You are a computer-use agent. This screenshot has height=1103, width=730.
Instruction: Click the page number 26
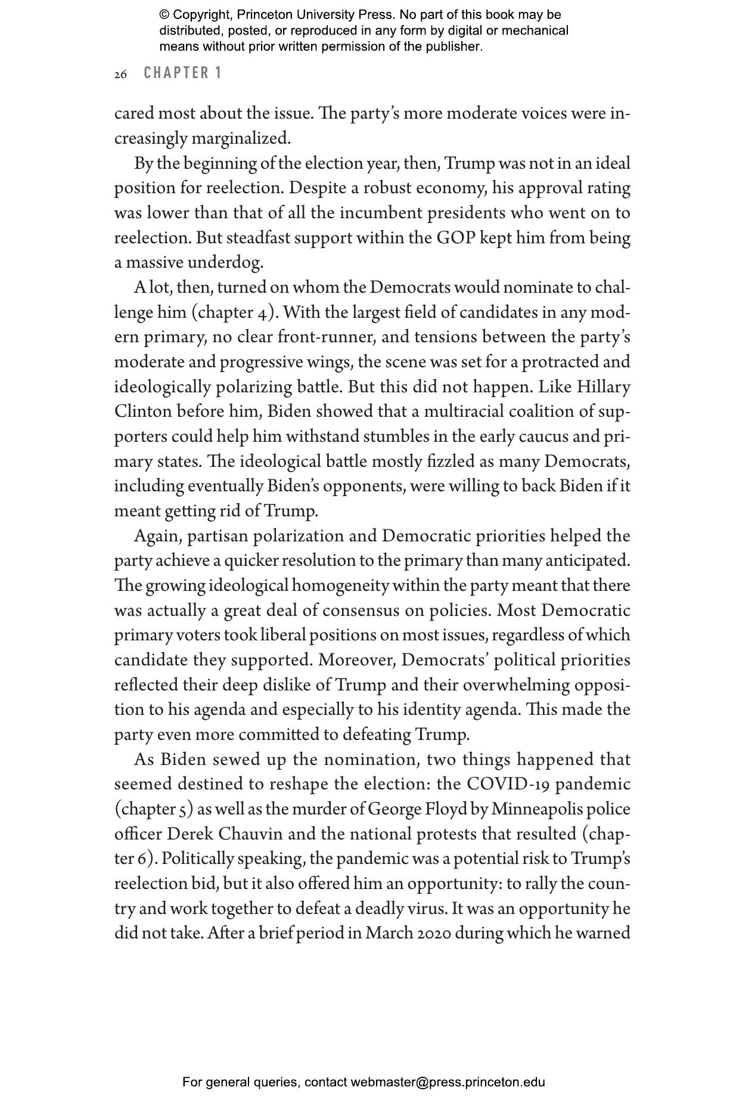(x=120, y=75)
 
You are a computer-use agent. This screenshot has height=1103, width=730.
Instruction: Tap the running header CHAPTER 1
(x=183, y=73)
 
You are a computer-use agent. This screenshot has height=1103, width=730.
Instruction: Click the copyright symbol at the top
(x=164, y=15)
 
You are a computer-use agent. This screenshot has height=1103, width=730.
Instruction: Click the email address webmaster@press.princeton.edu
(x=448, y=1082)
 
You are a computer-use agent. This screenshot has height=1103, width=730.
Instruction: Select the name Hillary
(x=603, y=387)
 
